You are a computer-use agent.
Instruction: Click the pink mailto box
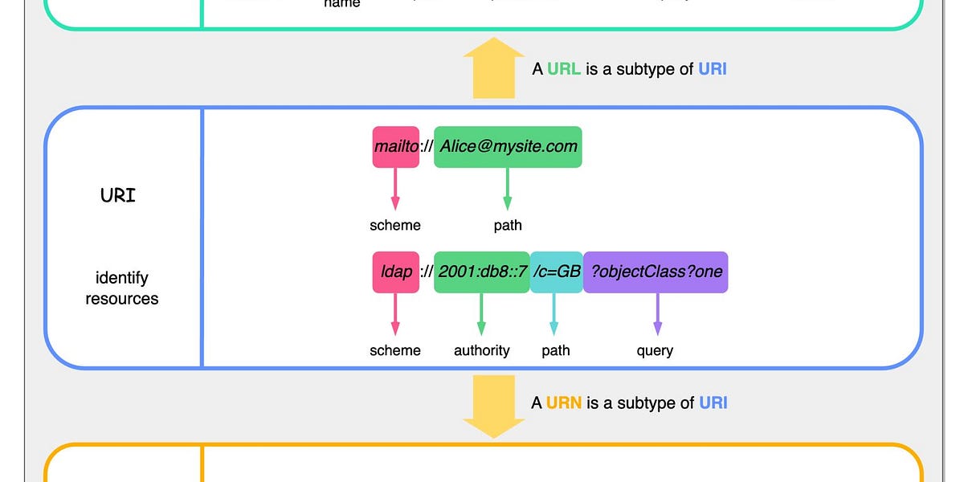(395, 147)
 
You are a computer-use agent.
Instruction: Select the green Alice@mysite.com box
(508, 147)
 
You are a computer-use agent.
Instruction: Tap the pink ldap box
(395, 272)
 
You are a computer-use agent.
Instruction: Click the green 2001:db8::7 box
(481, 272)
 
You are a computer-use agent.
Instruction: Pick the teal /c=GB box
(556, 272)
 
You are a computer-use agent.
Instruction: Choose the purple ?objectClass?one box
(656, 272)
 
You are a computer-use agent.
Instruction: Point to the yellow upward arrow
(494, 68)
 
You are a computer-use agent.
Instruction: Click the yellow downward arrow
(494, 406)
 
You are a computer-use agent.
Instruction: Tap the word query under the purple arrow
(655, 350)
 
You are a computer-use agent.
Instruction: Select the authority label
(481, 350)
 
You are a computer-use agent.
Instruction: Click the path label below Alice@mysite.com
(508, 226)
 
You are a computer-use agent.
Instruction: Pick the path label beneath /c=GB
(556, 350)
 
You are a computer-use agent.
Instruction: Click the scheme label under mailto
(395, 226)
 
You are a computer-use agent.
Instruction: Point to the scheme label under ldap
(395, 350)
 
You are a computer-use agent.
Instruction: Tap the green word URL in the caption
(564, 69)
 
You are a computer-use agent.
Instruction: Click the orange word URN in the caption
(564, 403)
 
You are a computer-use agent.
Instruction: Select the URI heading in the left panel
(118, 195)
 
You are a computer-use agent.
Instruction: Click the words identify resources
(122, 288)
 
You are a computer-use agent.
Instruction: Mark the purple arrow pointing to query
(657, 314)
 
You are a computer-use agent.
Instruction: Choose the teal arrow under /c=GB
(553, 314)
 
